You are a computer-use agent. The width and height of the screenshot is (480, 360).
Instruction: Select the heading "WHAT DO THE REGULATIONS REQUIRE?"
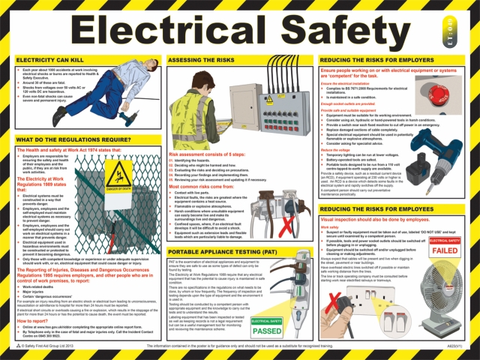79,141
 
